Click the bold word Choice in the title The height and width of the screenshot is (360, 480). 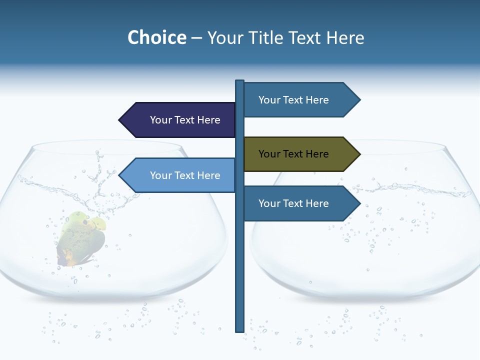point(156,37)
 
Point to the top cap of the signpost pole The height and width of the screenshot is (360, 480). point(240,82)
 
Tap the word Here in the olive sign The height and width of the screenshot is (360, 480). point(317,154)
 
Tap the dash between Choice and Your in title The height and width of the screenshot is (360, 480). point(196,38)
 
